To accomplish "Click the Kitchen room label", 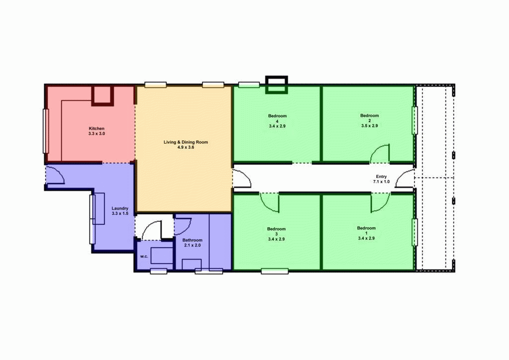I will [96, 128].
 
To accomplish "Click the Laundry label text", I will [120, 208].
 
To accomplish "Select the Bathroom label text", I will [192, 240].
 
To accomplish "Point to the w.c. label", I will [144, 257].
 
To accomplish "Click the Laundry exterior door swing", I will [55, 175].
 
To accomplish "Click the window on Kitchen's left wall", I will [46, 131].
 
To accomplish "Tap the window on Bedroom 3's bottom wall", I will [274, 271].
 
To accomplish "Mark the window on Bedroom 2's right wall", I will [414, 120].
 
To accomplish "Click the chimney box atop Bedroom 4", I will [276, 85].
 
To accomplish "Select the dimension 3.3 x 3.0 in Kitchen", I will [96, 134].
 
